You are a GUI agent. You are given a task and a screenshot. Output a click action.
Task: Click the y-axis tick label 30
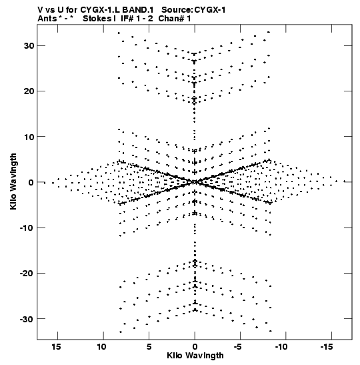click(x=29, y=46)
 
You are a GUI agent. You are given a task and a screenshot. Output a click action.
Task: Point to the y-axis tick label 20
click(x=29, y=91)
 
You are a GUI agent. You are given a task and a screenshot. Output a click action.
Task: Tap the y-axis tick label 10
click(x=29, y=137)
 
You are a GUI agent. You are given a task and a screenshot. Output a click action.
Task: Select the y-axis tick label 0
click(x=31, y=182)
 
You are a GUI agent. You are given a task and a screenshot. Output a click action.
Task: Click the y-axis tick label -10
click(x=27, y=228)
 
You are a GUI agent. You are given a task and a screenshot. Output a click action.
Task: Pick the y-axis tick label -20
click(x=27, y=273)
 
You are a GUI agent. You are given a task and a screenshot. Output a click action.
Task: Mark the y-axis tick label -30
click(x=27, y=319)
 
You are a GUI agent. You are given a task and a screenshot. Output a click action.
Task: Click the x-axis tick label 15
click(x=56, y=347)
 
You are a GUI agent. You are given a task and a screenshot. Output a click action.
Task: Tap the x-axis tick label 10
click(x=101, y=347)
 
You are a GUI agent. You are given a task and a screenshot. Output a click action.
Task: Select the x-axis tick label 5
click(x=149, y=347)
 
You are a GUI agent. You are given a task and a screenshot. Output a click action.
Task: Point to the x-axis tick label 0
click(x=195, y=347)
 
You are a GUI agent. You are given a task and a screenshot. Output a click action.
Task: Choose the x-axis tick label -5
click(x=238, y=347)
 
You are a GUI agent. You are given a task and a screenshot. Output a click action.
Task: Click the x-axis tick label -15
click(x=327, y=347)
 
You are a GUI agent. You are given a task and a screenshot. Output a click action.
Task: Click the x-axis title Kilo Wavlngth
click(x=195, y=356)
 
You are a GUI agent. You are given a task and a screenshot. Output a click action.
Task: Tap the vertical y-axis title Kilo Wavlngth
click(x=13, y=181)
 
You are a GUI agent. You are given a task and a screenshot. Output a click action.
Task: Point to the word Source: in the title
click(x=177, y=10)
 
